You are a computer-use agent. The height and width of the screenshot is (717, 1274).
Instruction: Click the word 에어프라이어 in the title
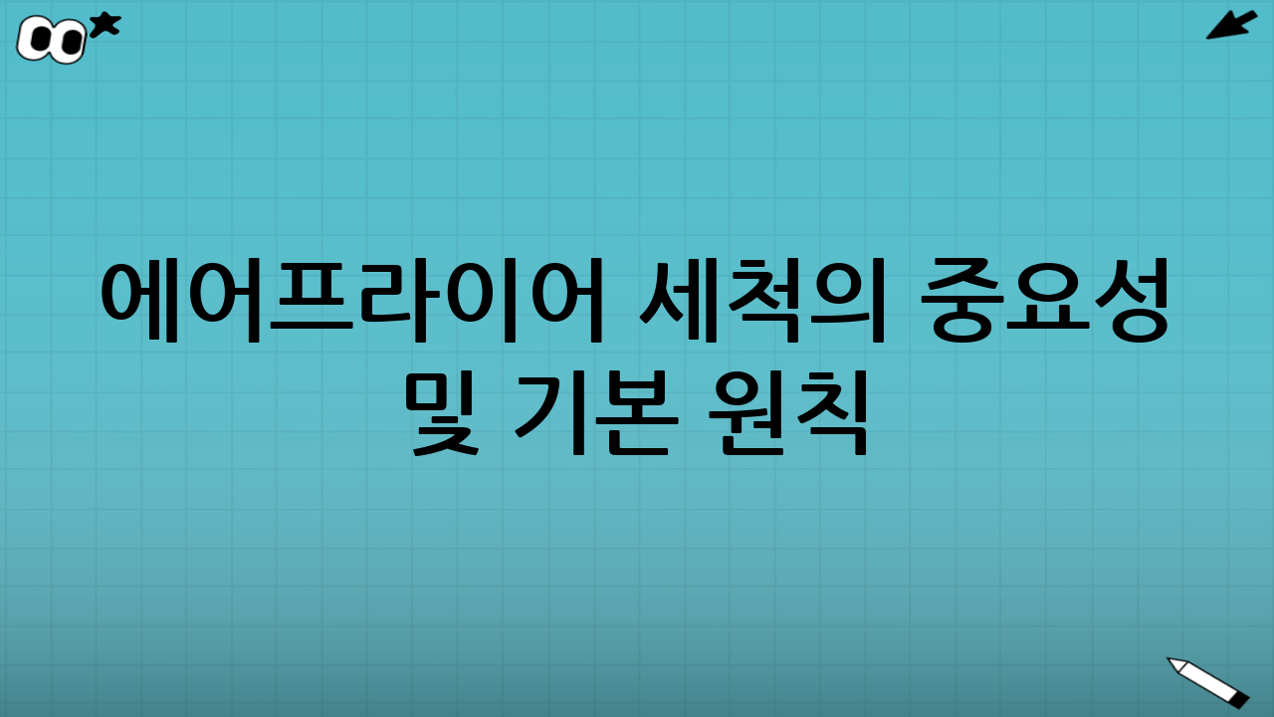354,300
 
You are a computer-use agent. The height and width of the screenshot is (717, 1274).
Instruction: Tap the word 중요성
1045,300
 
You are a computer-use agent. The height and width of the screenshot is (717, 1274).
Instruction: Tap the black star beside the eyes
105,24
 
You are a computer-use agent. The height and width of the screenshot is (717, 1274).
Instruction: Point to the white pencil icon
1209,682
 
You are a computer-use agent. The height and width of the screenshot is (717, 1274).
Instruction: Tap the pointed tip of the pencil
1171,660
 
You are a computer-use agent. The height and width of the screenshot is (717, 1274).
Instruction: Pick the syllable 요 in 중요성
1045,300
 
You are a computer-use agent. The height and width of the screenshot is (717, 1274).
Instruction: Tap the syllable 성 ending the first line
1130,300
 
